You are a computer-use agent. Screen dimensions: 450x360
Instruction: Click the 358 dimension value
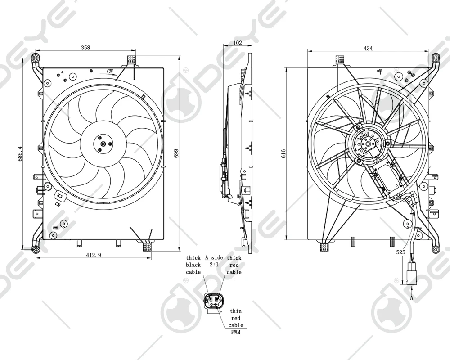(84, 47)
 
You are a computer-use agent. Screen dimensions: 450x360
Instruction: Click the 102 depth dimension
(238, 43)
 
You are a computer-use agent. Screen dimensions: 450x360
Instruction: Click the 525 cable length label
(400, 253)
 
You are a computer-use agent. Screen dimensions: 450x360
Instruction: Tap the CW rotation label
(110, 72)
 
